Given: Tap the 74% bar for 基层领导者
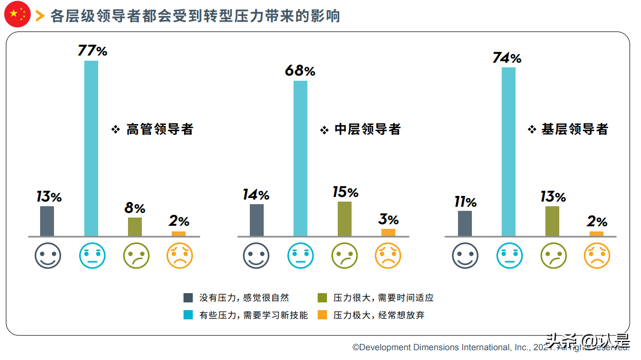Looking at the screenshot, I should point(508,152).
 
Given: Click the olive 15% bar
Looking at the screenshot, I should point(344,219).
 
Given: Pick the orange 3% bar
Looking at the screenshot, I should point(389,232).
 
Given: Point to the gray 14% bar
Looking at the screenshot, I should point(257,220).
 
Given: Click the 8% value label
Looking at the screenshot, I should point(135,208).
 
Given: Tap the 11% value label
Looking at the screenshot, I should point(465,202).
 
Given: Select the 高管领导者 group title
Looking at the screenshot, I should point(159,129).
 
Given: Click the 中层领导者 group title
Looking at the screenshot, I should point(367,129).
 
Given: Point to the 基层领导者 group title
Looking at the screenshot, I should point(575,129).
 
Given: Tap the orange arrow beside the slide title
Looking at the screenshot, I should point(40,16).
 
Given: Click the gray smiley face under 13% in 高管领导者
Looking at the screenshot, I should point(48,256).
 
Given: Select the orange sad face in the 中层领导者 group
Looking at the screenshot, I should point(388,256).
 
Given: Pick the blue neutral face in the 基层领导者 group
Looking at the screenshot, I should point(509,256).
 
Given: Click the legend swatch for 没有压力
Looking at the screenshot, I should point(189,298).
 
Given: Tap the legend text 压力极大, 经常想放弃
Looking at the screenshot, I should point(379,315).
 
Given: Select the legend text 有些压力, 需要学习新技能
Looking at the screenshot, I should point(253,315).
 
